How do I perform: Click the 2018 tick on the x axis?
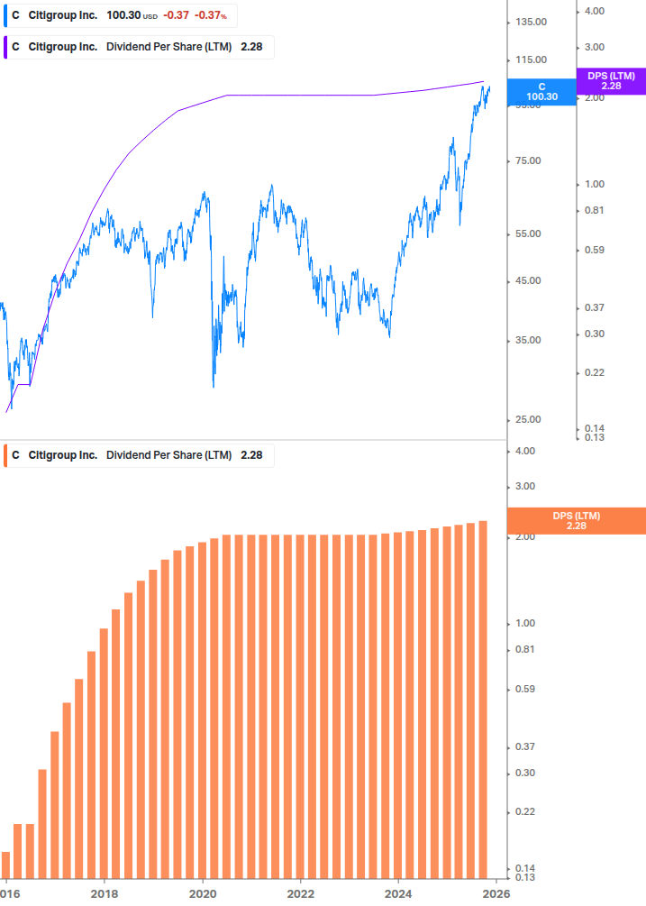pyautogui.click(x=105, y=892)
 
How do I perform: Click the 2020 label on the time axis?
pyautogui.click(x=203, y=892)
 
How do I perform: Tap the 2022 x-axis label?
pyautogui.click(x=301, y=892)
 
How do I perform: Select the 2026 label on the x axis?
pyautogui.click(x=496, y=892)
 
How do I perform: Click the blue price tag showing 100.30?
pyautogui.click(x=541, y=92)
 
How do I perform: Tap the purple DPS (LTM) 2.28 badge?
pyautogui.click(x=611, y=80)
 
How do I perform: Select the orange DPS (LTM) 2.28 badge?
pyautogui.click(x=577, y=520)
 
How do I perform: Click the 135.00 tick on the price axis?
pyautogui.click(x=529, y=22)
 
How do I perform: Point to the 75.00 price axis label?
pyautogui.click(x=529, y=161)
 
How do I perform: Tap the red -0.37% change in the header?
pyautogui.click(x=212, y=15)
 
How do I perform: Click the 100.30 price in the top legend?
pyautogui.click(x=122, y=15)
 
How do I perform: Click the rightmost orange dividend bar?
pyautogui.click(x=483, y=699)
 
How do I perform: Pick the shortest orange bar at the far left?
pyautogui.click(x=5, y=864)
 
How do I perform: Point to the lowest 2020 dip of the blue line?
pyautogui.click(x=214, y=387)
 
